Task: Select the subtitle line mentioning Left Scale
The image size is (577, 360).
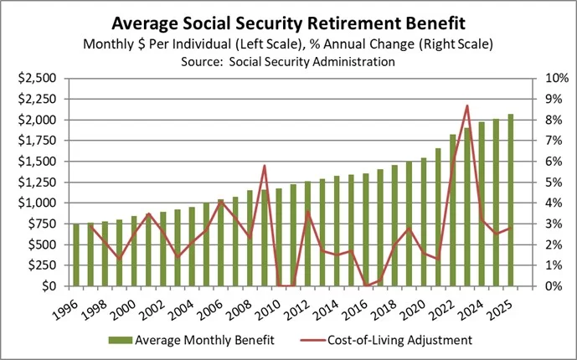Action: pos(288,44)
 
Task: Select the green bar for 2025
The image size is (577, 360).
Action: pos(510,201)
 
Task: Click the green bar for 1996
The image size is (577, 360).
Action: pos(77,255)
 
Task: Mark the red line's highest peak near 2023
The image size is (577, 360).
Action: pos(466,105)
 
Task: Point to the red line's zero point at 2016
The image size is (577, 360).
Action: pos(366,285)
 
